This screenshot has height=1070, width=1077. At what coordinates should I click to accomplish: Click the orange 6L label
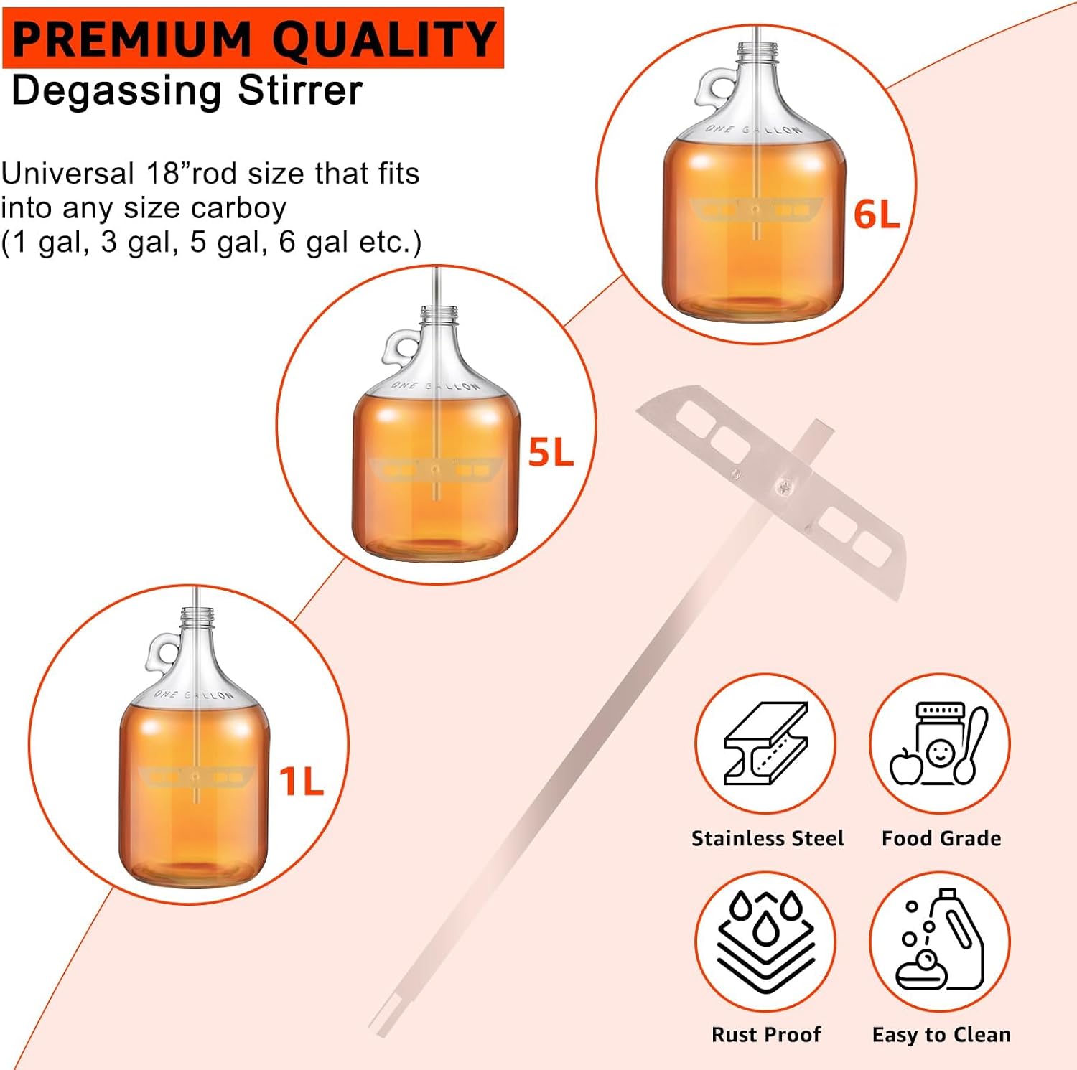tap(877, 215)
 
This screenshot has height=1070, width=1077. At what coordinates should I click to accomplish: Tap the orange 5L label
tap(551, 452)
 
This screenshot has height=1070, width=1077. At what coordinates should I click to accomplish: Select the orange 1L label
tap(302, 781)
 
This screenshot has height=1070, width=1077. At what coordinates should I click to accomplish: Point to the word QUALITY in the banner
tap(385, 39)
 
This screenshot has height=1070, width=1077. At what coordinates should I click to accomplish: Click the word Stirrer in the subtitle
tap(300, 91)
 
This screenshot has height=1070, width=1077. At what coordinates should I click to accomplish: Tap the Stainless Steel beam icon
tap(765, 743)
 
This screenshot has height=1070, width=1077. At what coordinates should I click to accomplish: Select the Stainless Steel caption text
tap(768, 838)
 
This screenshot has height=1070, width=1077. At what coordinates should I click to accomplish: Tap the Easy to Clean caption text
tap(941, 1035)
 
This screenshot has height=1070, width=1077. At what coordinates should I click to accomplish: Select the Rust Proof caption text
tap(766, 1035)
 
